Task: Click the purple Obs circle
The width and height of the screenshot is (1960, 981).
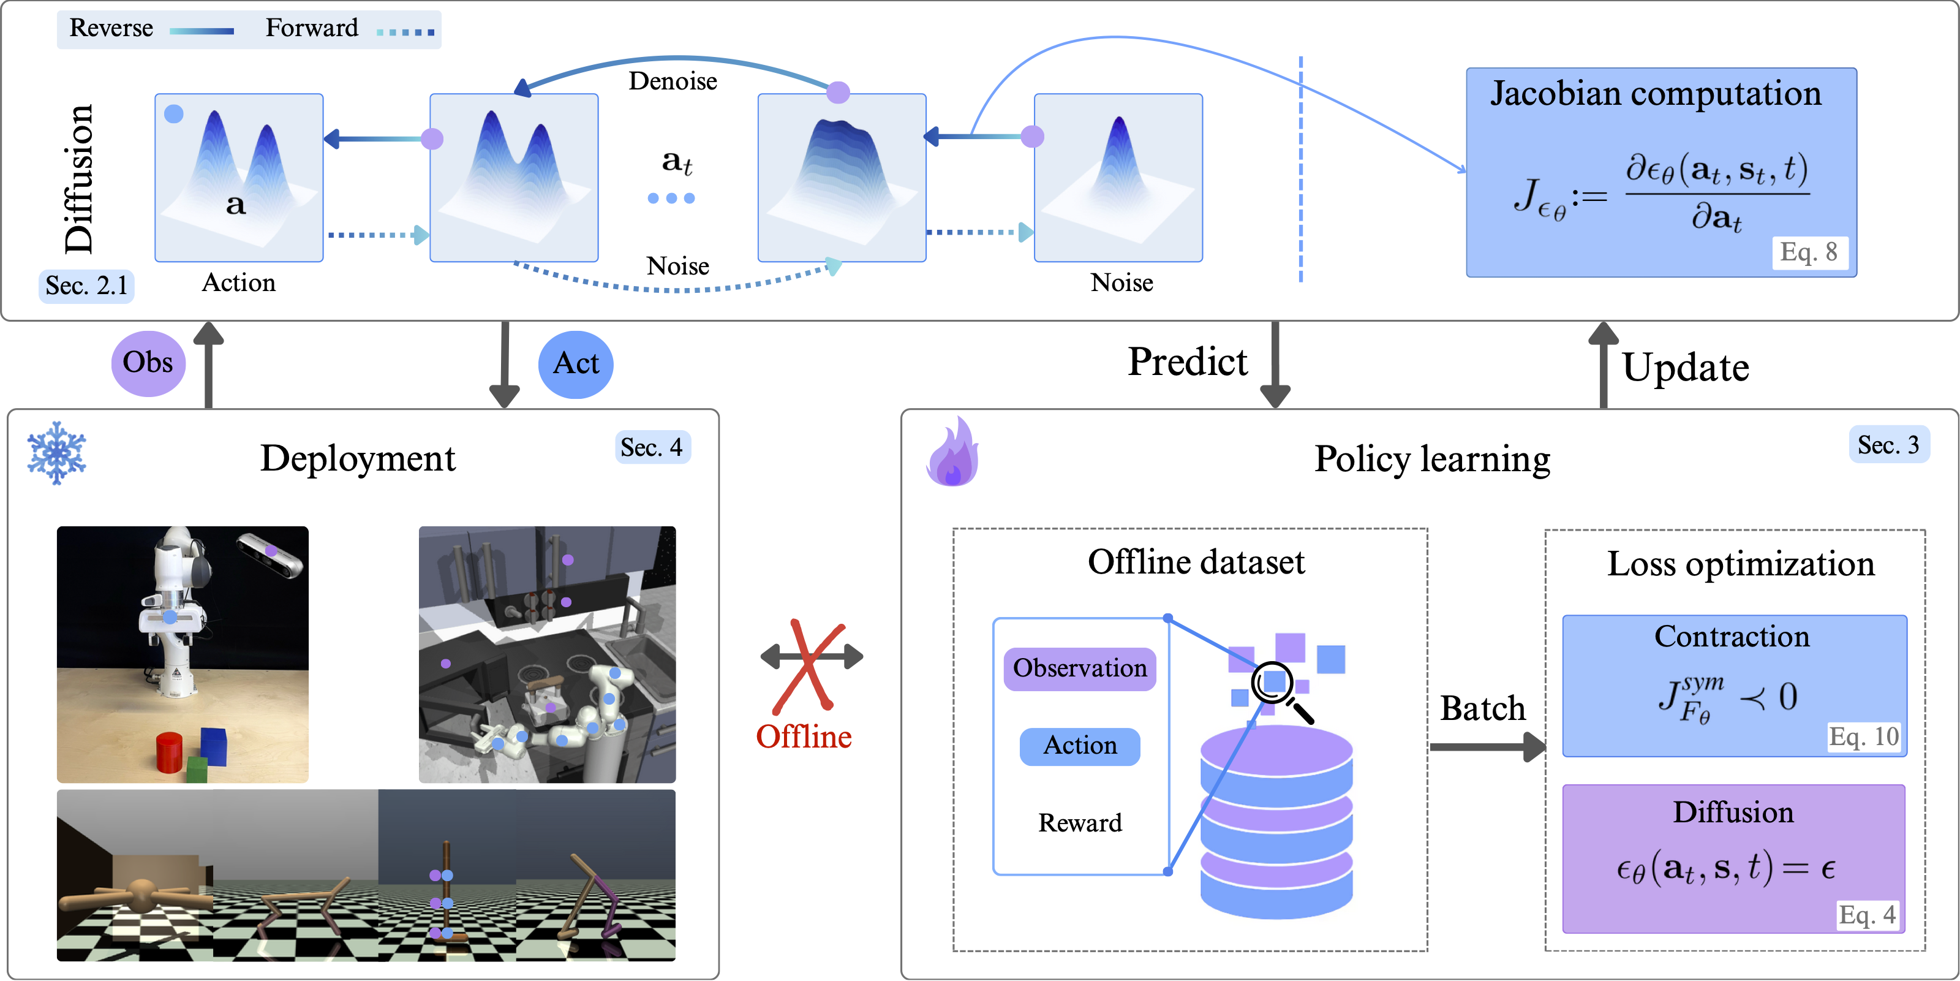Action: pyautogui.click(x=148, y=363)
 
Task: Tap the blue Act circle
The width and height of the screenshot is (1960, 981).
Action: pyautogui.click(x=576, y=364)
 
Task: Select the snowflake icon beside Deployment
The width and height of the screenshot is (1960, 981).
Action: pyautogui.click(x=56, y=453)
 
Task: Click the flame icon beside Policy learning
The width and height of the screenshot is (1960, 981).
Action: pyautogui.click(x=952, y=453)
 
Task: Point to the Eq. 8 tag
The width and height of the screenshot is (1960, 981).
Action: pyautogui.click(x=1809, y=252)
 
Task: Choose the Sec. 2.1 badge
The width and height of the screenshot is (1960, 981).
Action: pyautogui.click(x=86, y=286)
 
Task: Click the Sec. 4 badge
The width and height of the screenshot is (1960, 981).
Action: pyautogui.click(x=651, y=447)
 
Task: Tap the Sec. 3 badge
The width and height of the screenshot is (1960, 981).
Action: pyautogui.click(x=1888, y=444)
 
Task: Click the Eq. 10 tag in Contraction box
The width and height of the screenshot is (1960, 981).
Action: pyautogui.click(x=1863, y=737)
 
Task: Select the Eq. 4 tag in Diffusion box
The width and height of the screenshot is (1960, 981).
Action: pyautogui.click(x=1866, y=914)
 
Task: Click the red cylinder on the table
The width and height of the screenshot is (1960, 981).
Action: pyautogui.click(x=169, y=752)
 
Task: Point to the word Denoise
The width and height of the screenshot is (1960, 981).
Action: pyautogui.click(x=673, y=81)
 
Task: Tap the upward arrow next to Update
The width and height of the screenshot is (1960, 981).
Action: pyautogui.click(x=1603, y=364)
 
